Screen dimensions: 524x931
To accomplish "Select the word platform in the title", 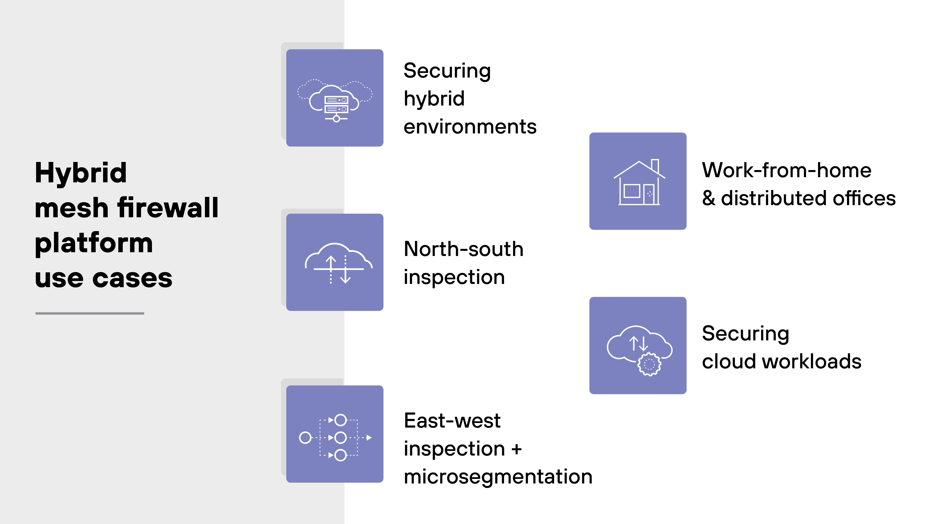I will [x=94, y=243].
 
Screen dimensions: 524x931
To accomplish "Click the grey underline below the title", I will [x=90, y=313].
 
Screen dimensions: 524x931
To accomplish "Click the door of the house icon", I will [x=649, y=194].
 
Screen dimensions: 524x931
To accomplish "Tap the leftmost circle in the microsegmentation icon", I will [x=305, y=438].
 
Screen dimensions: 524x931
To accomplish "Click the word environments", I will [x=470, y=127].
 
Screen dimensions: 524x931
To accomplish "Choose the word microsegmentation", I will [x=498, y=477].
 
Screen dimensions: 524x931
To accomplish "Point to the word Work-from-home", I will [x=786, y=170].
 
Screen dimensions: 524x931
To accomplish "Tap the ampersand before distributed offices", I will [x=709, y=199].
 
